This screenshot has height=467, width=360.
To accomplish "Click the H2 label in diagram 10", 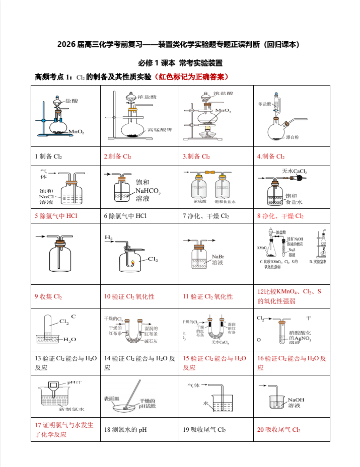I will tap(109, 237).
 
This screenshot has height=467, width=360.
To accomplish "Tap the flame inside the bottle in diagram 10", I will tap(133, 262).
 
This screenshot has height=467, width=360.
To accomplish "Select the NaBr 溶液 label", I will tap(218, 259).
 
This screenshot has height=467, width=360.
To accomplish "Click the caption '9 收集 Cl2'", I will tap(48, 296).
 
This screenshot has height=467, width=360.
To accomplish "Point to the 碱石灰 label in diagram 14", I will tap(152, 341).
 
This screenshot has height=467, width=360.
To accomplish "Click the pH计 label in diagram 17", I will tap(75, 382).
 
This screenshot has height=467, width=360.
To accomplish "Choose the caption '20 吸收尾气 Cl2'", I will tap(278, 430).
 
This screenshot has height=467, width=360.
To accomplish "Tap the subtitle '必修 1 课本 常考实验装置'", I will tap(180, 63).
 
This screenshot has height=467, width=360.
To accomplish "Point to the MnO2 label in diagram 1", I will tap(77, 132).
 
